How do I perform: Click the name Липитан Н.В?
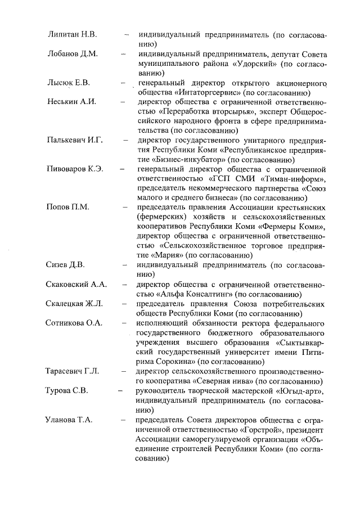click(x=73, y=35)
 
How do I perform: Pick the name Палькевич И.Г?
click(x=75, y=140)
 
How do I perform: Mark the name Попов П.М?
click(x=68, y=207)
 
